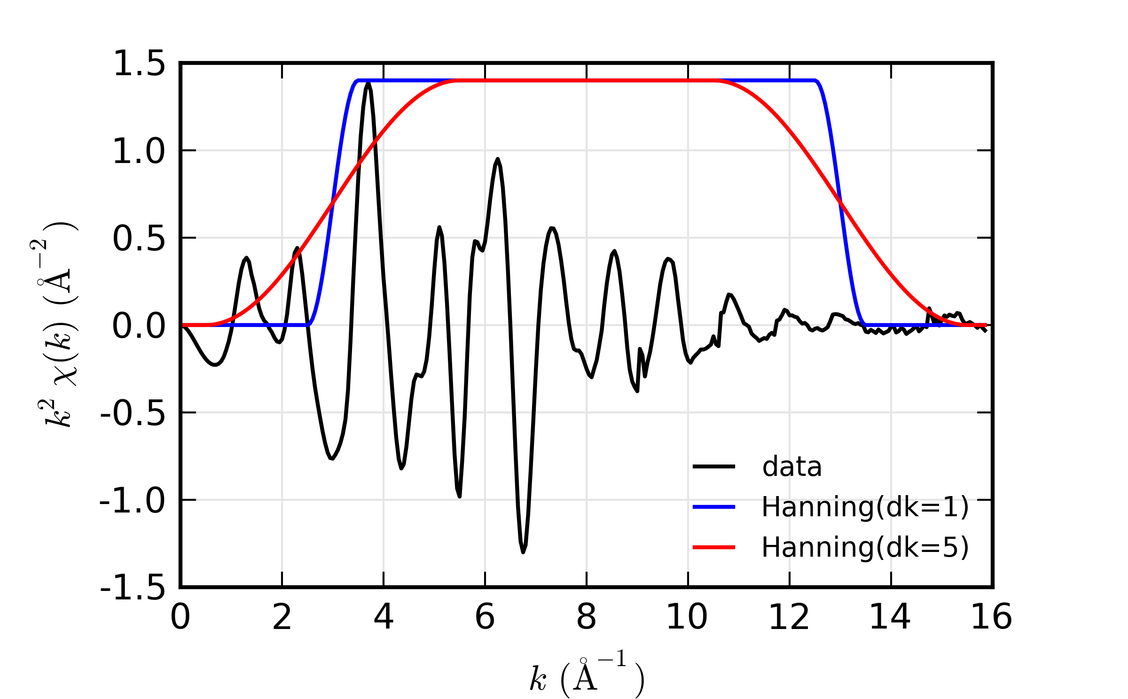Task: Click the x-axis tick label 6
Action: coord(485,617)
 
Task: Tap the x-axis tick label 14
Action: coord(890,617)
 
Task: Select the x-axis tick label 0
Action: coord(180,617)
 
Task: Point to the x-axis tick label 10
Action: coord(687,617)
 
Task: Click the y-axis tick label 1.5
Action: coord(139,63)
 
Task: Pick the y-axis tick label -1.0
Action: coord(133,501)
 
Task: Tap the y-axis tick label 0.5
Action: coord(139,239)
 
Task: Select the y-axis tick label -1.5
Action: coord(133,588)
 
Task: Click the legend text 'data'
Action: coord(792,467)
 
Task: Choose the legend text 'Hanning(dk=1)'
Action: coord(865,507)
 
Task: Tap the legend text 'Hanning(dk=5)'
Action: coord(865,548)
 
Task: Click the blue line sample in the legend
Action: coord(714,507)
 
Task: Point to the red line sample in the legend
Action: coord(714,547)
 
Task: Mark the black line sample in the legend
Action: coord(714,466)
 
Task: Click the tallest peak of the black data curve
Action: coord(368,84)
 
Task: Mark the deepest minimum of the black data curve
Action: coord(523,552)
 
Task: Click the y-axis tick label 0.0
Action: coord(139,326)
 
